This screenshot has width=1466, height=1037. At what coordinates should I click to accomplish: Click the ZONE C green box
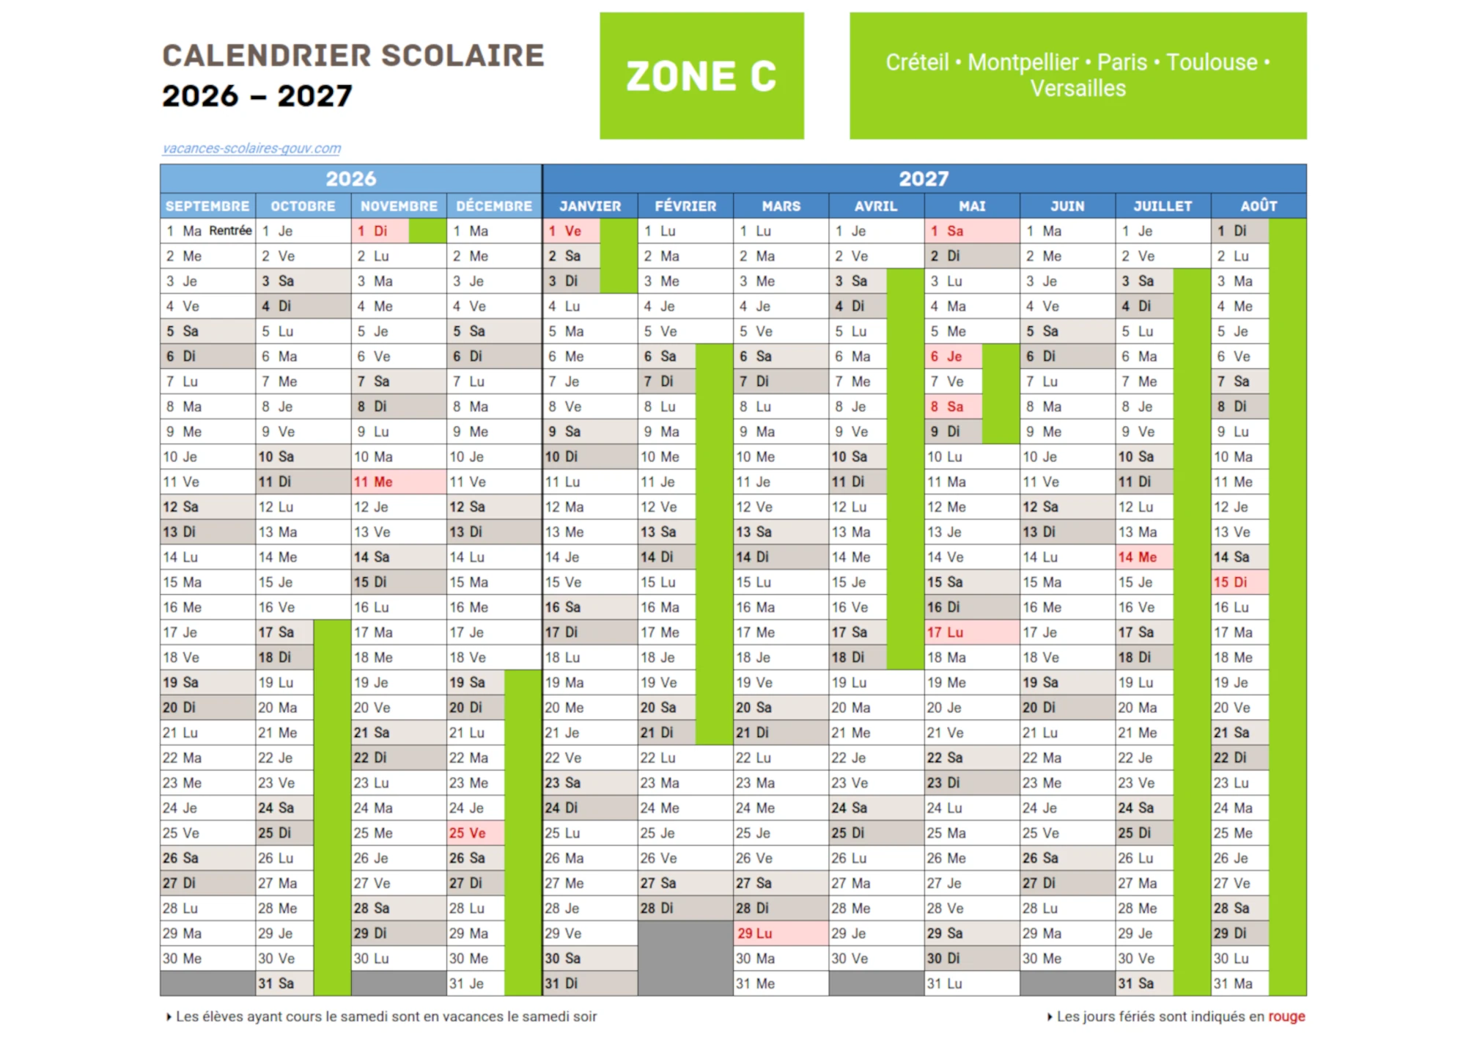pos(701,76)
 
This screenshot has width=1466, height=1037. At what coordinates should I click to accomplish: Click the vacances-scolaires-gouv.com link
pos(251,148)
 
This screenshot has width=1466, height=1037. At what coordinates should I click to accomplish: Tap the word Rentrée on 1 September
pos(230,230)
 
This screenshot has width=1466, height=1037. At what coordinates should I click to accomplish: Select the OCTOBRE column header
pos(303,206)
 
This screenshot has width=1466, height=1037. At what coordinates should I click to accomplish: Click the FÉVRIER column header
pos(685,206)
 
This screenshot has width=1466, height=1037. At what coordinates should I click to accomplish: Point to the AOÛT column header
pos(1259,206)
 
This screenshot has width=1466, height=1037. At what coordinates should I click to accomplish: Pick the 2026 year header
pos(351,178)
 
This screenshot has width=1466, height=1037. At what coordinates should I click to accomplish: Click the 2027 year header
pos(924,178)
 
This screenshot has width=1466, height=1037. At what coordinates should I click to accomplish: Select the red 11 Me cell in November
pos(398,482)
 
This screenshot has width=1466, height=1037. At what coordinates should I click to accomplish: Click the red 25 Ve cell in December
pos(476,833)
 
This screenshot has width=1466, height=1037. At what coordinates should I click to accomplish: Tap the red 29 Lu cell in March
pos(780,934)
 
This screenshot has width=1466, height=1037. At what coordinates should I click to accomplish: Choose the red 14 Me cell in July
pos(1143,557)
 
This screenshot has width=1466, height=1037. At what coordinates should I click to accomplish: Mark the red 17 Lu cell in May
pos(971,632)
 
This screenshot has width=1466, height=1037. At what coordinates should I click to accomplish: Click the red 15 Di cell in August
pos(1239,582)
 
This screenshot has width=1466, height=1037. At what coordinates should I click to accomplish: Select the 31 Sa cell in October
pos(284,983)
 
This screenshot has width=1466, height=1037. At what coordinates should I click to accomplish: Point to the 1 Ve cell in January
pos(571,231)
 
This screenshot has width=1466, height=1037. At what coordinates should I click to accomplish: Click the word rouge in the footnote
pos(1286,1016)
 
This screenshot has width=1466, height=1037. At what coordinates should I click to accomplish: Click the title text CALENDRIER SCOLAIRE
pos(353,56)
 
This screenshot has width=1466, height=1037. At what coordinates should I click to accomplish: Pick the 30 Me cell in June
pos(1067,959)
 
